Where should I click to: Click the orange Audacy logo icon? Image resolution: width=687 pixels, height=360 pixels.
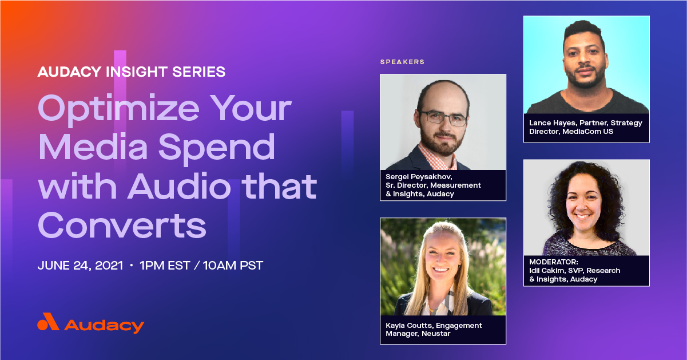pyautogui.click(x=48, y=322)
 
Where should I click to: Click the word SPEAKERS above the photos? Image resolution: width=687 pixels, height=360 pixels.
pyautogui.click(x=402, y=62)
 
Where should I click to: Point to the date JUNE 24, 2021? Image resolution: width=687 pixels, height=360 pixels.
pyautogui.click(x=80, y=266)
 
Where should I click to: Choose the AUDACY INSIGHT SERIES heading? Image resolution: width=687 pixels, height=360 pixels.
pyautogui.click(x=131, y=72)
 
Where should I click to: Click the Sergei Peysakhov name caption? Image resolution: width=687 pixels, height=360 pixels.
pyautogui.click(x=418, y=177)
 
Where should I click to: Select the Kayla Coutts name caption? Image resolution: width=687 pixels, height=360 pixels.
pyautogui.click(x=415, y=325)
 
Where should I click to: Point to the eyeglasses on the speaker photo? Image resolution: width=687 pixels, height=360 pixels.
pyautogui.click(x=444, y=118)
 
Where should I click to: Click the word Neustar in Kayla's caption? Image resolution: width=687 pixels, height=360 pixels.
pyautogui.click(x=436, y=334)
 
